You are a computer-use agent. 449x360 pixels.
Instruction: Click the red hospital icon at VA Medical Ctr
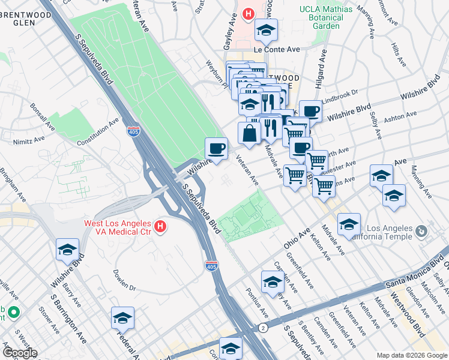click(160, 226)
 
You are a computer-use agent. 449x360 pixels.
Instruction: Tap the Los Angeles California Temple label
click(389, 233)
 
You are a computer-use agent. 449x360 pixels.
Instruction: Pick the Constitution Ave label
click(98, 132)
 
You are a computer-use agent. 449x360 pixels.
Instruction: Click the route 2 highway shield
click(263, 328)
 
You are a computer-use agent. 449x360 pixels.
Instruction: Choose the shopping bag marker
click(249, 133)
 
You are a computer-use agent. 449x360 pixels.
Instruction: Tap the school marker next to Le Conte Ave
click(265, 29)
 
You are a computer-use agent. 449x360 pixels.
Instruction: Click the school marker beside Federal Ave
click(122, 317)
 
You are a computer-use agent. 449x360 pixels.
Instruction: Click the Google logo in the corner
click(19, 353)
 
